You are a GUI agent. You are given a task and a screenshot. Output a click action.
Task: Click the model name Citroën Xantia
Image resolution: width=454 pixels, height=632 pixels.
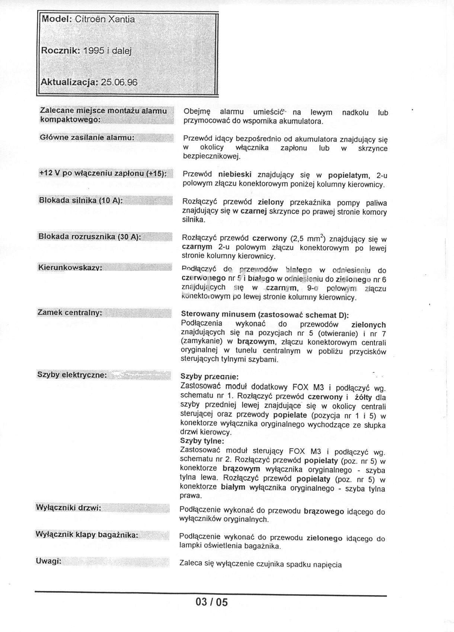[105, 19]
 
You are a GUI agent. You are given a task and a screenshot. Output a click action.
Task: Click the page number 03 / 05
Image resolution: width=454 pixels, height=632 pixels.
[211, 602]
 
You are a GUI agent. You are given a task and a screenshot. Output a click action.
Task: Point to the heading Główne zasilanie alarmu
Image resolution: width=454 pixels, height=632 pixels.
[87, 137]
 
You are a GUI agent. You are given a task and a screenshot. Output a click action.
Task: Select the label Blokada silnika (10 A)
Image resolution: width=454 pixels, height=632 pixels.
[81, 200]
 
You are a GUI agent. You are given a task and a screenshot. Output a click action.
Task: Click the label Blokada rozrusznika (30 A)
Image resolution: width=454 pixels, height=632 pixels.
[89, 237]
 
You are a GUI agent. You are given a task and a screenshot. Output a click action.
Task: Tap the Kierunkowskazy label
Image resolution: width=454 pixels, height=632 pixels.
[70, 267]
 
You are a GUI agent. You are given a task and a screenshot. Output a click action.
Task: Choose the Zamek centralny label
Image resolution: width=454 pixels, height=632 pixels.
[70, 312]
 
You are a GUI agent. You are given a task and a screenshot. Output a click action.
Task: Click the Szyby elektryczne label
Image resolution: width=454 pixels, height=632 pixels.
[72, 375]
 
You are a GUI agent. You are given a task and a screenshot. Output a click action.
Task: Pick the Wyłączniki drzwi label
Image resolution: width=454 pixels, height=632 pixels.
[68, 508]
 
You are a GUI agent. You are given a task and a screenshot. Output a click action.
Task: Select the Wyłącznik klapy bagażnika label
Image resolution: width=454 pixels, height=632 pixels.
[87, 535]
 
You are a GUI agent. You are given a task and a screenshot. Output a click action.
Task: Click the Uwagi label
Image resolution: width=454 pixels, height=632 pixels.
[48, 561]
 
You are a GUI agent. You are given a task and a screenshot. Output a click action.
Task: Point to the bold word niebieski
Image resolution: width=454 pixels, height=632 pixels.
[234, 174]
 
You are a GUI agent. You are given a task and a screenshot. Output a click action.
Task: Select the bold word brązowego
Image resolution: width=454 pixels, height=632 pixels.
[324, 511]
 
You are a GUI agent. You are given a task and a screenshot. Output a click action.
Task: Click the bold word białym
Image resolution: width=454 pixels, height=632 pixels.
[233, 487]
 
